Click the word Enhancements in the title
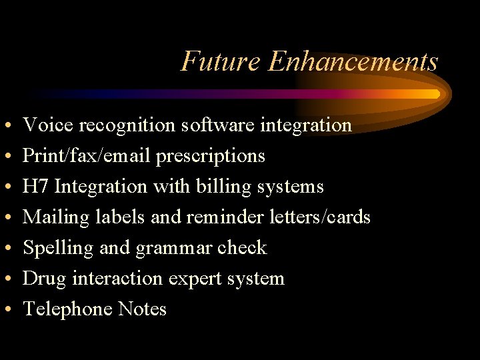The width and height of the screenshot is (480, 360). coord(353,61)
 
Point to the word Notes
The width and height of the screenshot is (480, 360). coord(142,309)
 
